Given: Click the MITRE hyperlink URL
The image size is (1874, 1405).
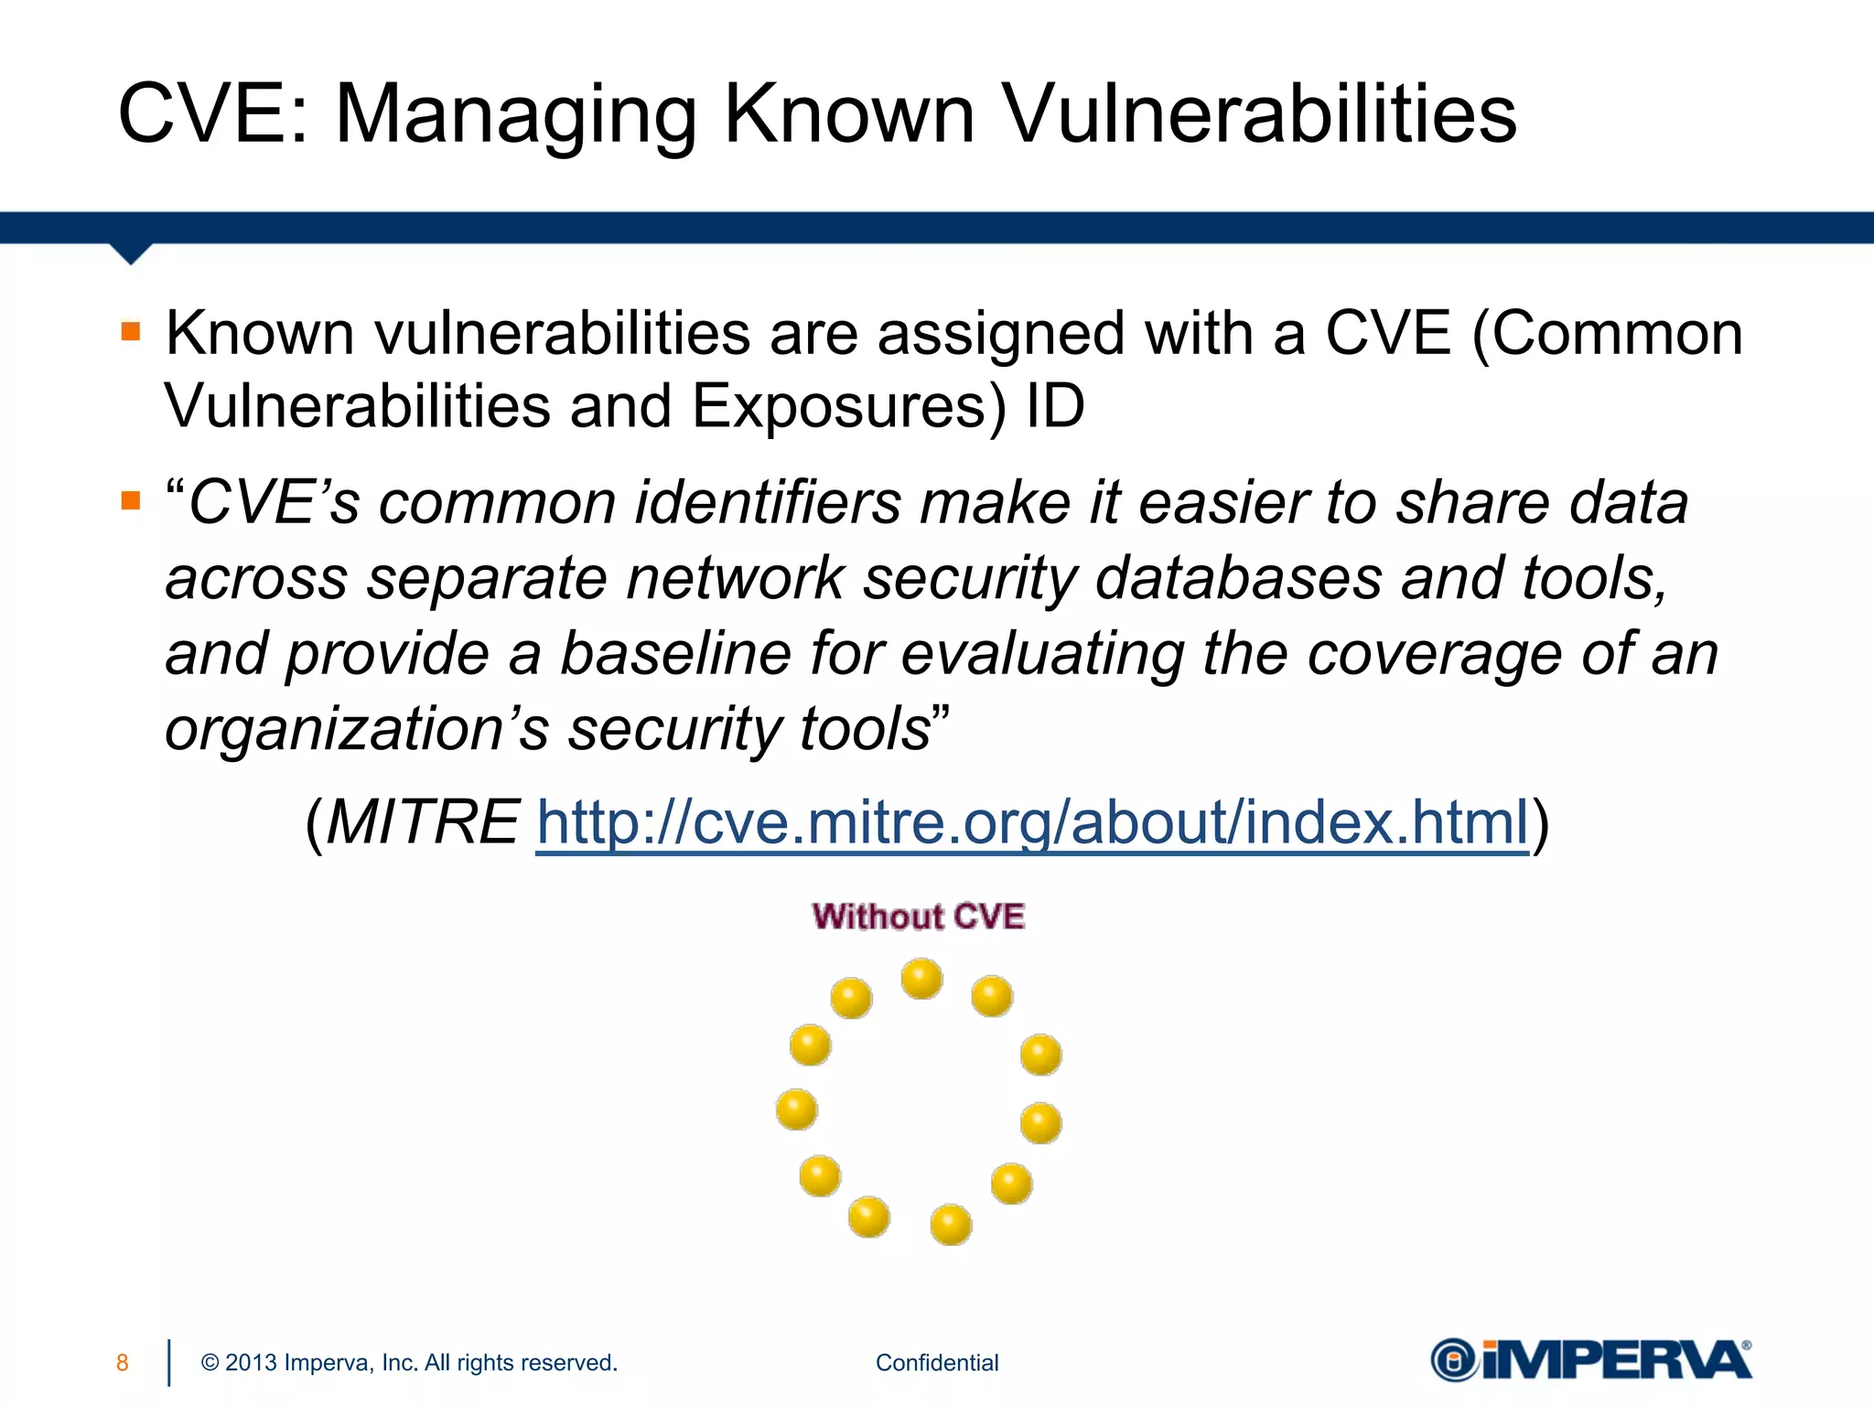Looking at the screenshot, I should click(1032, 821).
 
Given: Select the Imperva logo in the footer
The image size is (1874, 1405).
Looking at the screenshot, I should click(1591, 1360).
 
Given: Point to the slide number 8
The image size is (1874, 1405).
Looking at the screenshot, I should click(123, 1363).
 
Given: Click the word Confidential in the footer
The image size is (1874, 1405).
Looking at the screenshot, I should click(937, 1363).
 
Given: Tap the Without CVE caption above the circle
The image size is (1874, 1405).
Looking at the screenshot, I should click(918, 917).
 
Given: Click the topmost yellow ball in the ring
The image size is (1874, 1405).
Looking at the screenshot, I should click(921, 979).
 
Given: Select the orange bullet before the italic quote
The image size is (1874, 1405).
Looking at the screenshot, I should click(131, 500).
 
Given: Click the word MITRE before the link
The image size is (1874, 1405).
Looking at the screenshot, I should click(423, 821).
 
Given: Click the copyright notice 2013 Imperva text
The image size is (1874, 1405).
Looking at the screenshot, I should click(409, 1363).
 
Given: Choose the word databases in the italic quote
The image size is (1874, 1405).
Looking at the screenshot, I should click(1238, 578).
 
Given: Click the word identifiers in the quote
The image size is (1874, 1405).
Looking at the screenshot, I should click(768, 503).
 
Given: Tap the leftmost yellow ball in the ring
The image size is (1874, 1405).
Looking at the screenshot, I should click(796, 1110).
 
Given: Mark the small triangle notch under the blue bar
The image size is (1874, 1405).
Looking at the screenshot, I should click(131, 253).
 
